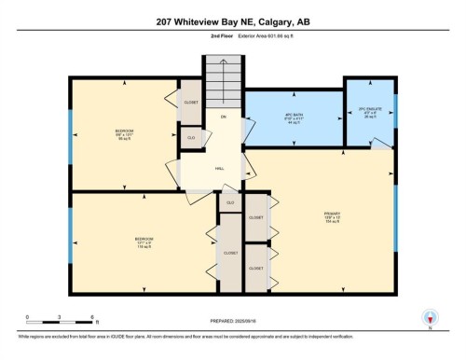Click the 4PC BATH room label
click(295, 119)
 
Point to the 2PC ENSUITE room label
click(370, 115)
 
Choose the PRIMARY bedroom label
click(331, 220)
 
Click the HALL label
click(220, 169)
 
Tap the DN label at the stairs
click(224, 117)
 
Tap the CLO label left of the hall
click(190, 138)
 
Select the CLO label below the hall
click(230, 201)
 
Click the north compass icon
click(429, 318)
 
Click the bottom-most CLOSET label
click(255, 269)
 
